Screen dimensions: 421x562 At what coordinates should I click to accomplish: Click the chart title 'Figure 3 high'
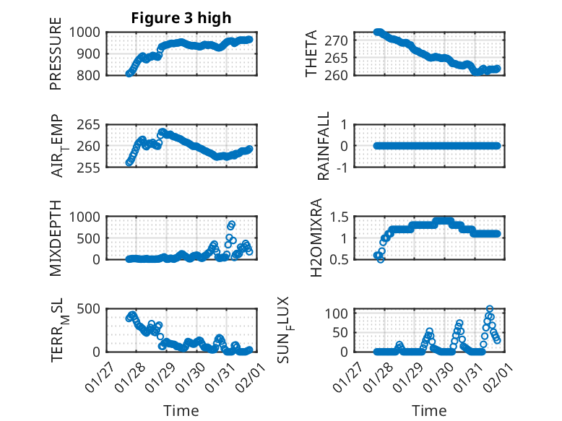(181, 18)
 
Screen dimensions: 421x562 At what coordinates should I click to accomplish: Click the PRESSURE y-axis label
(56, 55)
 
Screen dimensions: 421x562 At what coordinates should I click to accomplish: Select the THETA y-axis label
(311, 54)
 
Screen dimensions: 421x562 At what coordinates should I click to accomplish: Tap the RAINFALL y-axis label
(324, 146)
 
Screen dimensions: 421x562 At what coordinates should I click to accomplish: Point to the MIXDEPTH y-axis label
(56, 238)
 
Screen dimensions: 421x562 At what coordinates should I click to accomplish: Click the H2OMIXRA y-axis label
(316, 238)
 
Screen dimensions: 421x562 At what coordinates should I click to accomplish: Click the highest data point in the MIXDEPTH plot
(231, 224)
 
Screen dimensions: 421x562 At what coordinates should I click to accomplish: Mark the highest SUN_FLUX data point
(490, 309)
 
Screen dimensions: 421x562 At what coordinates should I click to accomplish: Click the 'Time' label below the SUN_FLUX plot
(429, 411)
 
